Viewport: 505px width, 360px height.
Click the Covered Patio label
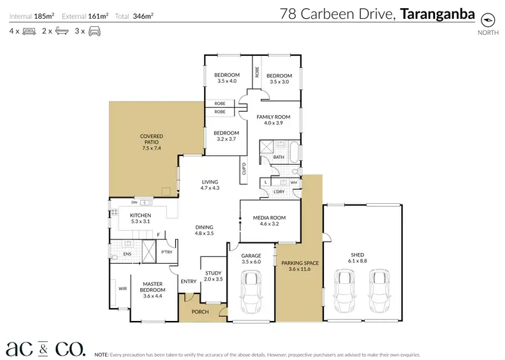click(151, 139)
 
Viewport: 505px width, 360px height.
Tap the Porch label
click(200, 311)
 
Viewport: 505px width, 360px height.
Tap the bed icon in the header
click(29, 31)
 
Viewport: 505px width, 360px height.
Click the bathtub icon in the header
click(61, 31)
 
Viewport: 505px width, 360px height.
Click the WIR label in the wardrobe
click(122, 288)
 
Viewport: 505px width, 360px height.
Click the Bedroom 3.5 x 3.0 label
click(279, 78)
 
